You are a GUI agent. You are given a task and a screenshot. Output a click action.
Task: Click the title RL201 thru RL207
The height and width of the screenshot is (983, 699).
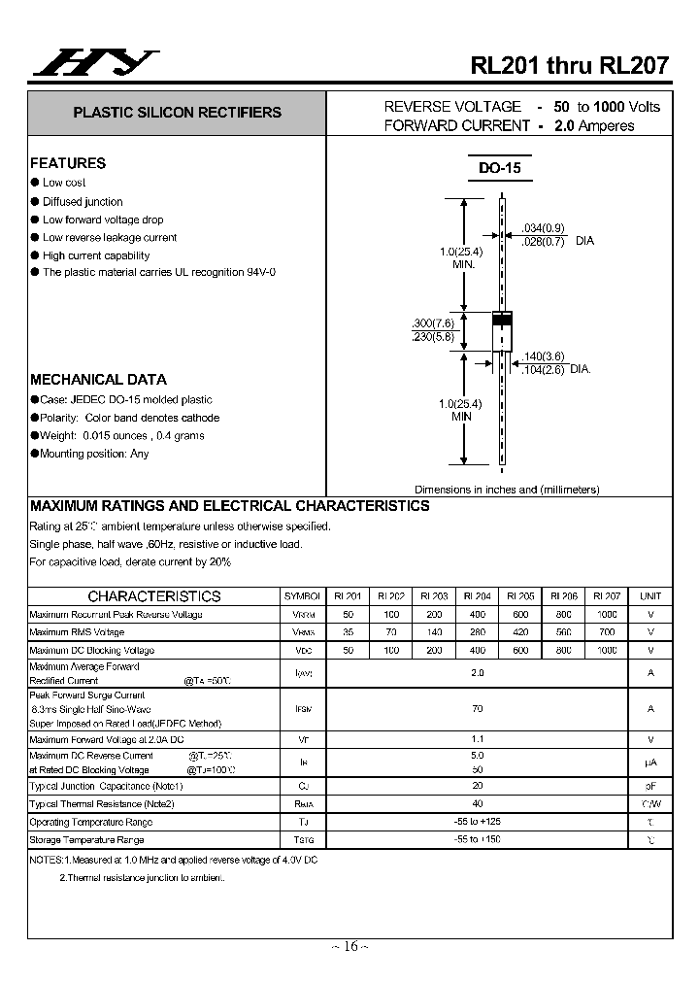570,66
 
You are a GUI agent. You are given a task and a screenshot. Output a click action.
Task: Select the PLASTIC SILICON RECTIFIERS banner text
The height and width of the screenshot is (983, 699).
177,113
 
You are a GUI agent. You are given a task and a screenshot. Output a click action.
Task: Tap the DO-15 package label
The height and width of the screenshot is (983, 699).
499,168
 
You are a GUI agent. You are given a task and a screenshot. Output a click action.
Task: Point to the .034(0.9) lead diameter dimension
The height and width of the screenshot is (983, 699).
543,227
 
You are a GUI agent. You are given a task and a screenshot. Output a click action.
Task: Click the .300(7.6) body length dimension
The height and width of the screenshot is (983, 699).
432,322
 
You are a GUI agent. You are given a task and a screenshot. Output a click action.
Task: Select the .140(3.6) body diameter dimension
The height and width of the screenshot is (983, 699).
543,356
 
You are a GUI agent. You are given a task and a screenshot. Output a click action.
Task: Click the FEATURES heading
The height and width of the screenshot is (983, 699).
68,163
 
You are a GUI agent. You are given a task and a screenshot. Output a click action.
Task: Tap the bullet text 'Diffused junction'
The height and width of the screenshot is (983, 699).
83,201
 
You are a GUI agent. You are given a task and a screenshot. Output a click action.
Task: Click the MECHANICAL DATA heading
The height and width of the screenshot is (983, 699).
98,380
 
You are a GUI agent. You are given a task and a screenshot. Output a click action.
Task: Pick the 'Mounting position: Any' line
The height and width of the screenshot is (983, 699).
94,454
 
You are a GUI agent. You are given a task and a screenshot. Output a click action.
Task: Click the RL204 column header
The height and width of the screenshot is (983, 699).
477,596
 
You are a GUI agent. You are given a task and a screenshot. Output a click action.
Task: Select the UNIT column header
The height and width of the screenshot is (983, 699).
650,596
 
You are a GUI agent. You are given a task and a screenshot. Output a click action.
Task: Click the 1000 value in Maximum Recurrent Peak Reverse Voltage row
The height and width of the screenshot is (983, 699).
607,615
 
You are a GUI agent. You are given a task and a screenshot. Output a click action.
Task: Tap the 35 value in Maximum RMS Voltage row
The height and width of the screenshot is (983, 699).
349,632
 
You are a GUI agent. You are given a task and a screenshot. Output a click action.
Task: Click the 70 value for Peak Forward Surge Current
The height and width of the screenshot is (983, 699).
477,709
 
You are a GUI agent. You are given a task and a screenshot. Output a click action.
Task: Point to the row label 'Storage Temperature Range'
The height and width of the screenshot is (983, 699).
86,839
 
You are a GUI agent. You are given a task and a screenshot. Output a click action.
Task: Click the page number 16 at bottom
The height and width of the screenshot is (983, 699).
350,946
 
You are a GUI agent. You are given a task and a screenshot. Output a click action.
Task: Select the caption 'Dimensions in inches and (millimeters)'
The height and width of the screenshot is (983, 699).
507,490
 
